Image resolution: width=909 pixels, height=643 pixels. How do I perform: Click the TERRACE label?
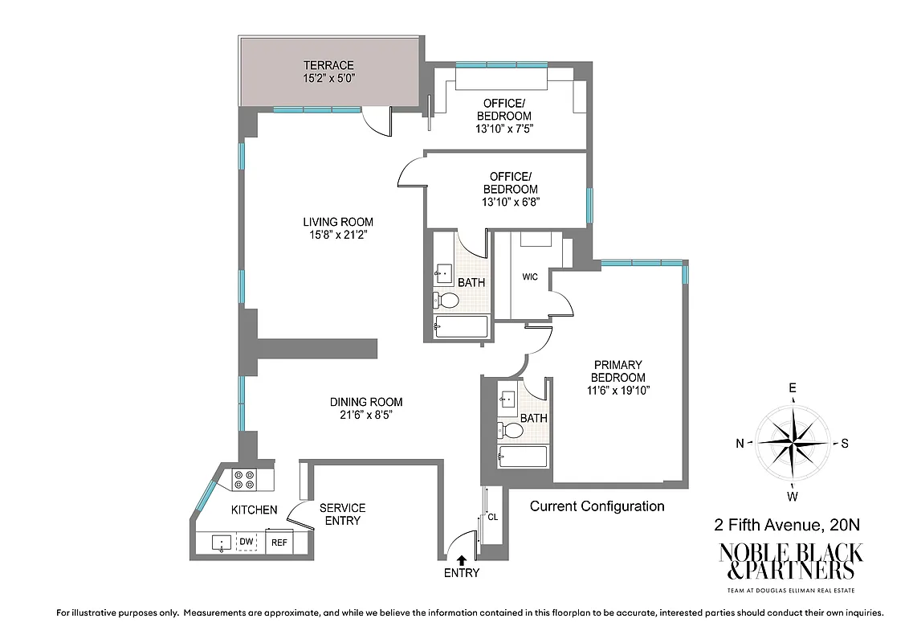click(328, 65)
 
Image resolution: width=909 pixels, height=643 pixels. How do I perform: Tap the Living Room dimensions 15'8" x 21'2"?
click(337, 235)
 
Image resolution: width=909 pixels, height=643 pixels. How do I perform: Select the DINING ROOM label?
click(366, 402)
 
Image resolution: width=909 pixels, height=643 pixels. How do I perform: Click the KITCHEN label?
click(254, 510)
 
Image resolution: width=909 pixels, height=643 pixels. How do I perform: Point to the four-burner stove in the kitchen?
click(244, 480)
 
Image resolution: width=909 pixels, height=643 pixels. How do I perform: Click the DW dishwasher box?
click(247, 543)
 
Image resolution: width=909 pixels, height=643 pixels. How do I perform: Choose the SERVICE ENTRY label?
click(342, 514)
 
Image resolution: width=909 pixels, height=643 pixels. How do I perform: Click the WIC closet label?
click(529, 277)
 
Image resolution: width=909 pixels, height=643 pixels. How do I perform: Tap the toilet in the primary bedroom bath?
click(511, 430)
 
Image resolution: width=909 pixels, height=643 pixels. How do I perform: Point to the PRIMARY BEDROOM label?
click(618, 371)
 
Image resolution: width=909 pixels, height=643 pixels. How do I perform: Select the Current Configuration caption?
click(597, 506)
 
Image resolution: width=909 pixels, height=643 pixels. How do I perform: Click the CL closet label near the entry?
click(493, 518)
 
